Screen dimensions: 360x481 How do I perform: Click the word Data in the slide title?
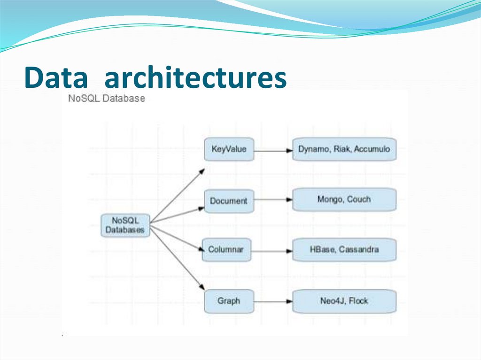[56, 78]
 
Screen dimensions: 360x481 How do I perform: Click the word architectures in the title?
[195, 78]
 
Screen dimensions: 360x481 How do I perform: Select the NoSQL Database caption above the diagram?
[107, 99]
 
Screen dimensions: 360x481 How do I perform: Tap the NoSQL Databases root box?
[125, 225]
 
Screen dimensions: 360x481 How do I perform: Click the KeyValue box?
[229, 149]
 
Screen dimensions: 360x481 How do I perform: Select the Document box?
[229, 201]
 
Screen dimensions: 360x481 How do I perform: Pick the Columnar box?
[226, 249]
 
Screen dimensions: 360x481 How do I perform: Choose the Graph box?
[229, 301]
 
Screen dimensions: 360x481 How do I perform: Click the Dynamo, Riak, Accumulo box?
[344, 149]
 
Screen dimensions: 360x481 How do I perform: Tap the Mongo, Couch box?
[344, 199]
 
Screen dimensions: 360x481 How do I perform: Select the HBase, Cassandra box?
[344, 250]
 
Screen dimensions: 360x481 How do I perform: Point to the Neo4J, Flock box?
[344, 301]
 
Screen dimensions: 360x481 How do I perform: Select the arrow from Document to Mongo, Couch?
[272, 199]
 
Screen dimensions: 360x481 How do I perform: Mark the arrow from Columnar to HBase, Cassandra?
[272, 251]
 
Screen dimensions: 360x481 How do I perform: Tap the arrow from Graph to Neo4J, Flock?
[272, 301]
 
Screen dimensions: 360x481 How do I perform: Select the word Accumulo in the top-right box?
[372, 149]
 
